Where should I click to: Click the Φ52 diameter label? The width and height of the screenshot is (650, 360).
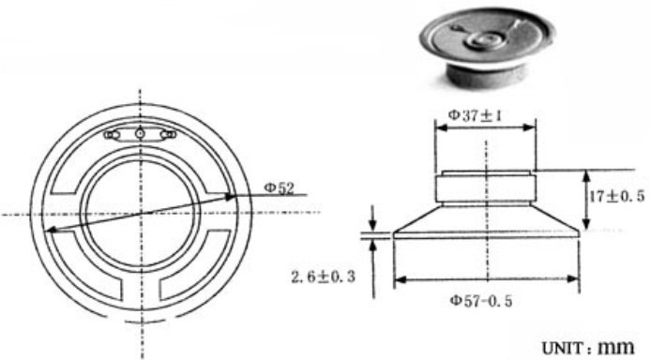click(x=279, y=187)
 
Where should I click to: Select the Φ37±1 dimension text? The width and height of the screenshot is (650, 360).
click(x=475, y=115)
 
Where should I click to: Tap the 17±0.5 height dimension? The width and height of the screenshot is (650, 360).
click(x=617, y=196)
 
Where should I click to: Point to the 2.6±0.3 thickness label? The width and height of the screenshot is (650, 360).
click(x=324, y=277)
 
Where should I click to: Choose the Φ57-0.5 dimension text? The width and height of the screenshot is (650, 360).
click(x=481, y=301)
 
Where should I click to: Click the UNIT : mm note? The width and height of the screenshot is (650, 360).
click(x=588, y=347)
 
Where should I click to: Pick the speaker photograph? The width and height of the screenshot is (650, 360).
click(x=486, y=47)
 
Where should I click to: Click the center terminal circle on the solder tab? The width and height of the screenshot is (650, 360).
click(x=140, y=133)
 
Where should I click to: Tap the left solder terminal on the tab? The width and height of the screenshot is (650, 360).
click(x=112, y=135)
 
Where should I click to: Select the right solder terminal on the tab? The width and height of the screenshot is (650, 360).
click(x=168, y=134)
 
